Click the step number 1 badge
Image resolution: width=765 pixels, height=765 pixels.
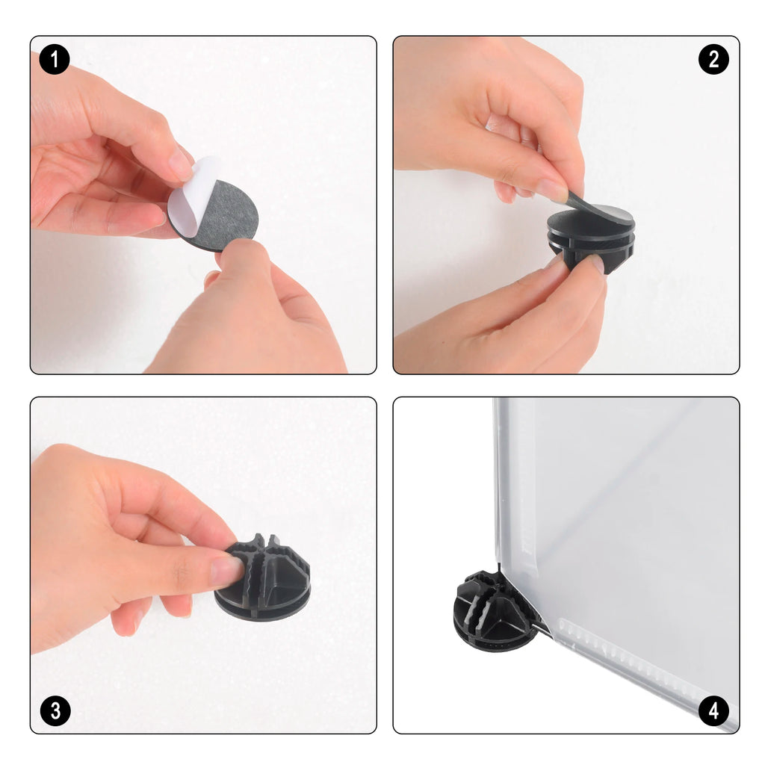tap(55, 60)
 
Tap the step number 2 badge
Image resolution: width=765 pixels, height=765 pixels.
tap(713, 60)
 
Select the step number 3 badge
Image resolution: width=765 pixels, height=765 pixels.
tap(55, 710)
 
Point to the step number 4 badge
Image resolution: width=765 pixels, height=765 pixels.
tap(713, 710)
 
